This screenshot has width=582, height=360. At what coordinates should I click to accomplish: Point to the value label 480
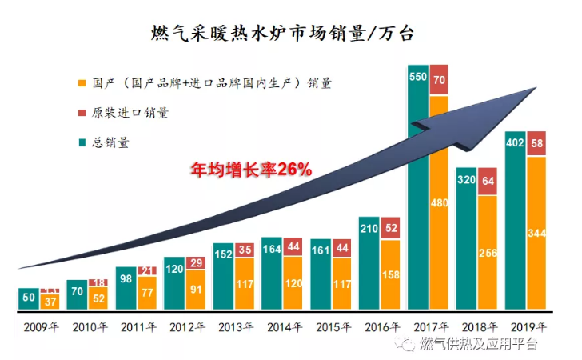point(439,203)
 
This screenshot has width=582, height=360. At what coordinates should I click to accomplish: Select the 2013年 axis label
point(233,327)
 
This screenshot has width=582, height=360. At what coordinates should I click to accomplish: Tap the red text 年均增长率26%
point(249,170)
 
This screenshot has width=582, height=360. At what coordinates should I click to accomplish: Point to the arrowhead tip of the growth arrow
point(534,88)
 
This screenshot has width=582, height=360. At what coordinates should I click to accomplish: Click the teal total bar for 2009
point(28,298)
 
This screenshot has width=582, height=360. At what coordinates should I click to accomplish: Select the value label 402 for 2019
point(516,144)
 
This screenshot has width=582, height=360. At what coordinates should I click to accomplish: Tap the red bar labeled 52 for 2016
point(390,228)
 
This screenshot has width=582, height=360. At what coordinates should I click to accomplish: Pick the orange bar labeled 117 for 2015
point(341,283)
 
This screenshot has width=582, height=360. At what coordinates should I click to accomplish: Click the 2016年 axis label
point(379,327)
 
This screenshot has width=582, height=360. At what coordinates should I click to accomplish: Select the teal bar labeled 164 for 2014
point(272,274)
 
